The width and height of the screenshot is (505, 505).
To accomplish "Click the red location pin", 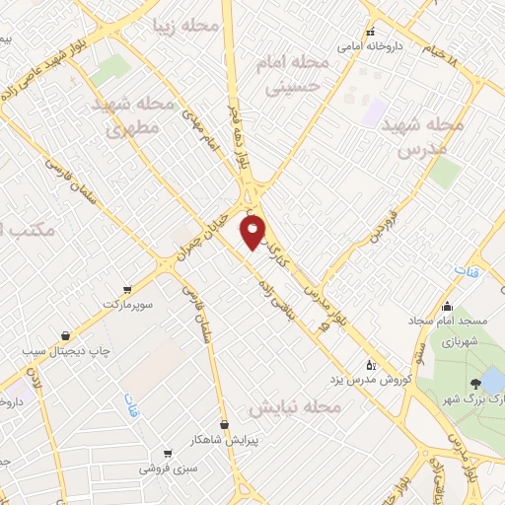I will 253,233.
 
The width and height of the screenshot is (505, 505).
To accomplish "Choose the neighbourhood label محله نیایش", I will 293,406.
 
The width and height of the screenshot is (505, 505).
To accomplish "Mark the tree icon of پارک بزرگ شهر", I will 476,384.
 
